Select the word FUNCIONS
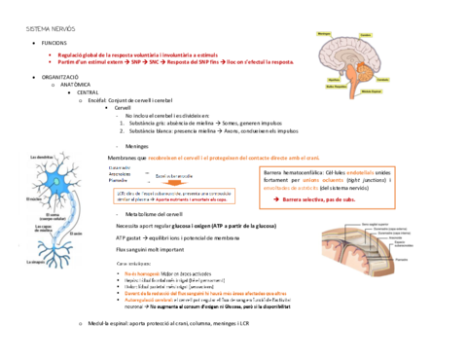(x=54, y=45)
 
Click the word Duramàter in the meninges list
(x=119, y=166)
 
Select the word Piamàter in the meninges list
(x=118, y=180)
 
